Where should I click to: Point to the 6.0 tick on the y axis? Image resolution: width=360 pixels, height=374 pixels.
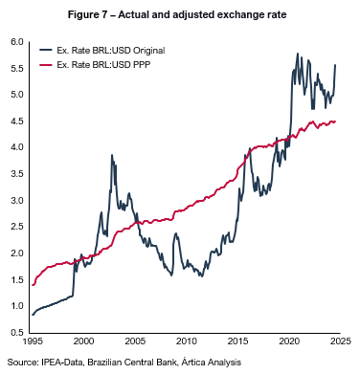pyautogui.click(x=17, y=42)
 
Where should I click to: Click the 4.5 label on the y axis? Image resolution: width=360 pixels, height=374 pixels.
pyautogui.click(x=17, y=121)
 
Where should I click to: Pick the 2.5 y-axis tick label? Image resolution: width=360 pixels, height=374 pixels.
pyautogui.click(x=17, y=227)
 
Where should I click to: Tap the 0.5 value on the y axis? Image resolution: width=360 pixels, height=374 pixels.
pyautogui.click(x=17, y=332)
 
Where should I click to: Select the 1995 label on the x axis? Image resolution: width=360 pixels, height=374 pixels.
pyautogui.click(x=33, y=341)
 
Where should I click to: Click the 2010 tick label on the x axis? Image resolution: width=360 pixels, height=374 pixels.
pyautogui.click(x=187, y=341)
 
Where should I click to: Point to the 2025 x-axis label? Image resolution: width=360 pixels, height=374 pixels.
pyautogui.click(x=340, y=341)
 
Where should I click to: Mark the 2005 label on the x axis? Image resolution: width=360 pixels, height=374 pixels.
pyautogui.click(x=135, y=341)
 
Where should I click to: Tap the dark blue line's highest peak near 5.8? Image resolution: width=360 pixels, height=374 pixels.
pyautogui.click(x=298, y=54)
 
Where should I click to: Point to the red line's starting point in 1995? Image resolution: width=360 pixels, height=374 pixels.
pyautogui.click(x=33, y=285)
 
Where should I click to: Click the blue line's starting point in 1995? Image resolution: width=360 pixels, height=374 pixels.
pyautogui.click(x=33, y=315)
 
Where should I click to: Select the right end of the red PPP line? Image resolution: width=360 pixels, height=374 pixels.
pyautogui.click(x=336, y=121)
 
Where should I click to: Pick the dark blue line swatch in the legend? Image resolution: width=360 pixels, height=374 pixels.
pyautogui.click(x=46, y=50)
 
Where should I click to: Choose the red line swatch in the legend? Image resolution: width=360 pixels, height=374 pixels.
pyautogui.click(x=46, y=65)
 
